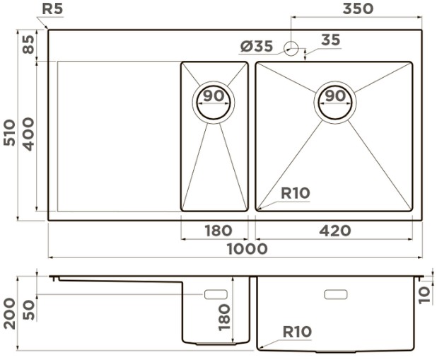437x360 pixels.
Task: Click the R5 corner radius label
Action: [52, 9]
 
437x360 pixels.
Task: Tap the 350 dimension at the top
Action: [358, 8]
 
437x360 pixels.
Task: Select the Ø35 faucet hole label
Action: [257, 46]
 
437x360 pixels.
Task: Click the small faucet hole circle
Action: [291, 49]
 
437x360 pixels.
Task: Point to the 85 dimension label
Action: [28, 45]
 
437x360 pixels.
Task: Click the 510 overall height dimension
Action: [9, 132]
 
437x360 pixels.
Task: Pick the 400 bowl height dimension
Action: [28, 134]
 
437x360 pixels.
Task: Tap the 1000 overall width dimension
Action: [247, 249]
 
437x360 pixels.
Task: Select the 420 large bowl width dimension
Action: [335, 231]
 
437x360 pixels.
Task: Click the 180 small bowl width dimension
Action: [218, 231]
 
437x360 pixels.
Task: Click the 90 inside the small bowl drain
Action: [214, 95]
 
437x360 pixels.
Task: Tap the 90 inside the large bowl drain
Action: [335, 95]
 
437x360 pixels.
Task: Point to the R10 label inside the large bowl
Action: [295, 193]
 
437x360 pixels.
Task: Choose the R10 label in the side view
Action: [297, 332]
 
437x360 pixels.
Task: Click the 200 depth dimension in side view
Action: [9, 314]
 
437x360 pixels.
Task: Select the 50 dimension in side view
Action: [28, 310]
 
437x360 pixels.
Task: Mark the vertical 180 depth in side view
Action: [225, 318]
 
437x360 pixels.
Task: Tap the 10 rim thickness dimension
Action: [425, 296]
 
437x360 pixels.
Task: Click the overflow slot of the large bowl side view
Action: [336, 294]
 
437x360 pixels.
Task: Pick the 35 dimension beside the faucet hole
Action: [331, 40]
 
